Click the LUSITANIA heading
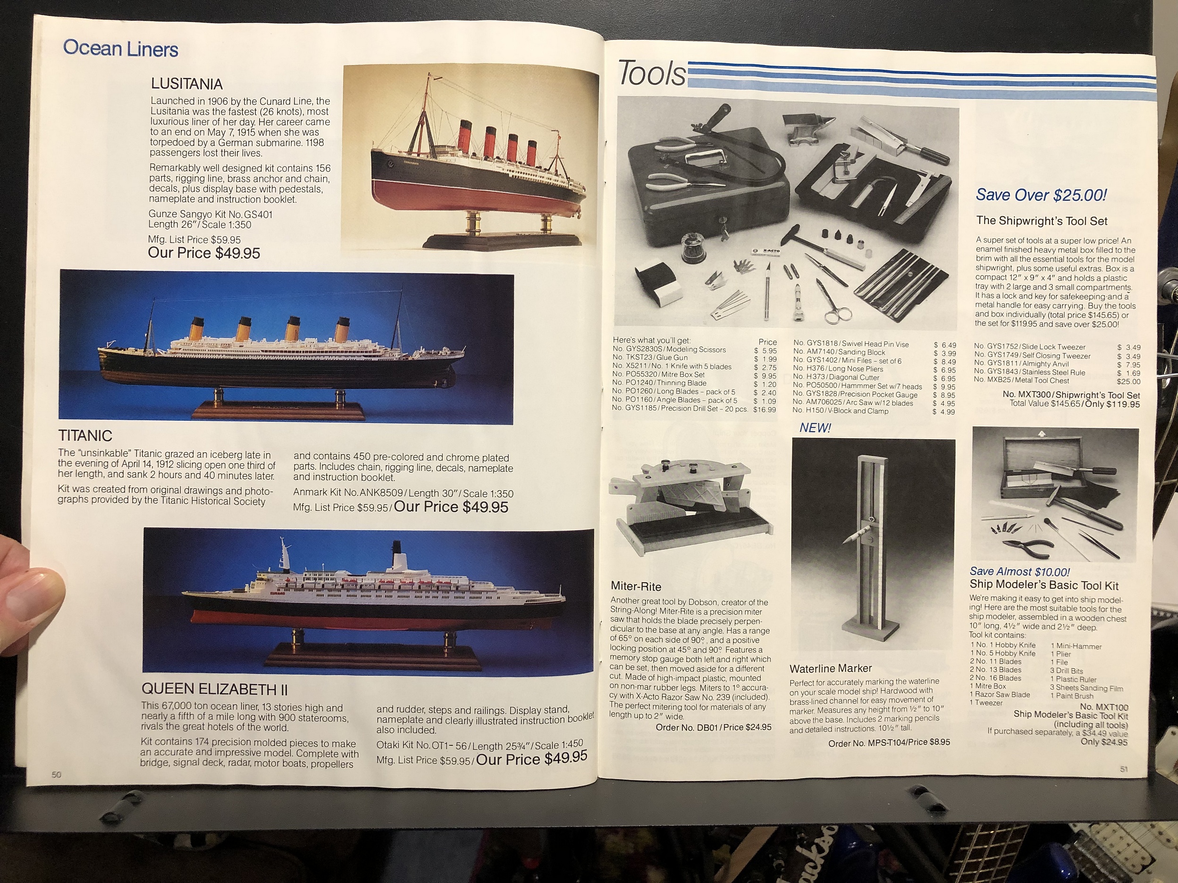point(186,83)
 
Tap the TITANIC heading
point(85,436)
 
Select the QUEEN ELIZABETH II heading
point(214,690)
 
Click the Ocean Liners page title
point(120,49)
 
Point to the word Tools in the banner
point(652,74)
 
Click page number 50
point(57,775)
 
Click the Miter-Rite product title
point(636,586)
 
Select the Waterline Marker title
point(830,668)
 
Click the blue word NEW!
point(815,428)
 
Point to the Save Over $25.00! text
point(1041,195)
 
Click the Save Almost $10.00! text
point(1019,572)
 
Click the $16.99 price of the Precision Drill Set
point(765,409)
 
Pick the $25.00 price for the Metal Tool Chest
point(1128,381)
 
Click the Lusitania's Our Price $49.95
point(204,253)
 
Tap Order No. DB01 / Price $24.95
point(714,727)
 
